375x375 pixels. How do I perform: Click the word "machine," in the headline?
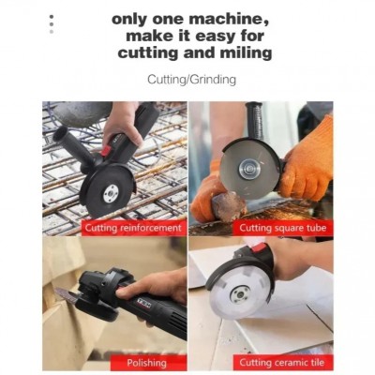pos(229,20)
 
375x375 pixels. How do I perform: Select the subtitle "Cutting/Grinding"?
pos(191,80)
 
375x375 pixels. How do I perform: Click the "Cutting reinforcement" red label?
pos(133,228)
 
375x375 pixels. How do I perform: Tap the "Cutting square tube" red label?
pos(282,228)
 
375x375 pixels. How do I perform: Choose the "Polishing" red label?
pos(146,363)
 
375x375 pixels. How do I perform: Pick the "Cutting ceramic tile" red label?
pos(282,363)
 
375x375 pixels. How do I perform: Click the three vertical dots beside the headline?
pos(52,24)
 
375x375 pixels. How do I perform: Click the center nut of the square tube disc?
pos(247,168)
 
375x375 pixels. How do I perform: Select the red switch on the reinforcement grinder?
pos(107,150)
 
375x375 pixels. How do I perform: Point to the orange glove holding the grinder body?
pos(308,159)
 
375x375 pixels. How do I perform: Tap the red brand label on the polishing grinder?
pos(144,303)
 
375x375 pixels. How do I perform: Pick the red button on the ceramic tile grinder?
pos(259,248)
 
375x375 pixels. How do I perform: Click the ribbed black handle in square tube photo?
pos(256,121)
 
